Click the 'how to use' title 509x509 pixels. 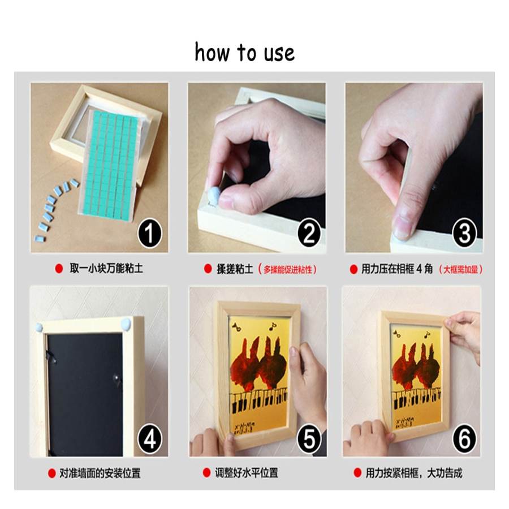[x=244, y=52]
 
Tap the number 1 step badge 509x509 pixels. [x=149, y=233]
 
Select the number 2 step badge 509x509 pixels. [x=309, y=233]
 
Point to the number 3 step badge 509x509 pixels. [x=464, y=233]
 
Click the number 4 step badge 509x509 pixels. [x=149, y=439]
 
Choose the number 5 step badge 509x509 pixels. [x=309, y=439]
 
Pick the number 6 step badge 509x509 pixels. [x=464, y=439]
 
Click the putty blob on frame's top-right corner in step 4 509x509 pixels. [x=126, y=323]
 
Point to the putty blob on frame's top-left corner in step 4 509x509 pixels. [x=39, y=327]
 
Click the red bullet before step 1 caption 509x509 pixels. [x=59, y=269]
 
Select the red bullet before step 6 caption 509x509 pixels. [x=357, y=473]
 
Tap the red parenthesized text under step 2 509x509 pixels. [x=287, y=269]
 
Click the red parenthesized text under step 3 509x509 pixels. [x=460, y=269]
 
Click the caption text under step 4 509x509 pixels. [x=100, y=473]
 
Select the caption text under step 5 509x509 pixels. [x=247, y=473]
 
